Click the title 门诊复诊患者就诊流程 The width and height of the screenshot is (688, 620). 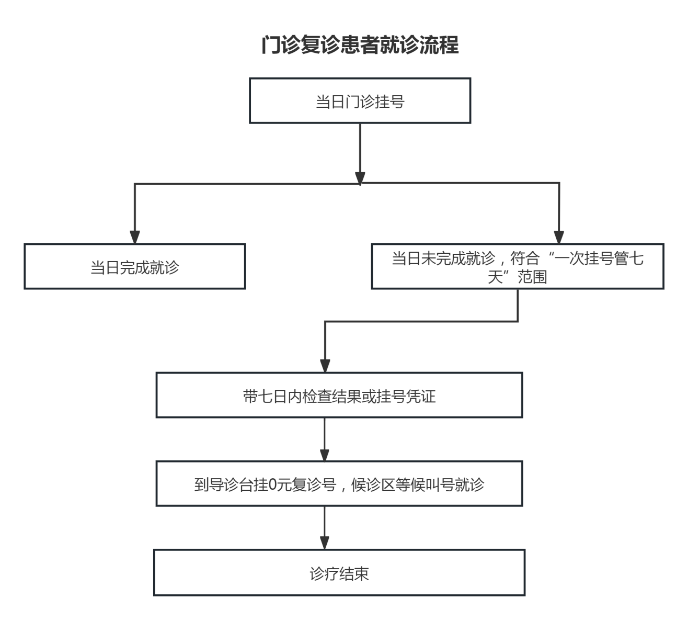(360, 45)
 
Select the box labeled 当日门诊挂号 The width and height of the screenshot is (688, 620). (360, 101)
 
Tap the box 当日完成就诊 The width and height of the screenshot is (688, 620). (134, 267)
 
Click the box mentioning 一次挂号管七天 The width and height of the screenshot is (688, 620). (517, 267)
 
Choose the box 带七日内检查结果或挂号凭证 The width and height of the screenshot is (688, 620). (339, 396)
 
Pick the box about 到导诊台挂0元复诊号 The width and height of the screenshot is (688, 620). (339, 484)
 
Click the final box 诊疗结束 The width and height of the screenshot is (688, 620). (339, 573)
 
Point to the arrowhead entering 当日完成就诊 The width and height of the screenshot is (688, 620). (135, 237)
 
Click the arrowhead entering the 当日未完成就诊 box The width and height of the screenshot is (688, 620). (559, 237)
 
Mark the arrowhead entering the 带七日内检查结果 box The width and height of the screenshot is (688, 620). (325, 366)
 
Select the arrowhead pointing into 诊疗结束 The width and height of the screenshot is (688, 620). (325, 543)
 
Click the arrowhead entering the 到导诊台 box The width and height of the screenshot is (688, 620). (325, 454)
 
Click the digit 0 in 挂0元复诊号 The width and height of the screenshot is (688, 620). (272, 485)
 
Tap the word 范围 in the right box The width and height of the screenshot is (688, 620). (532, 277)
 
